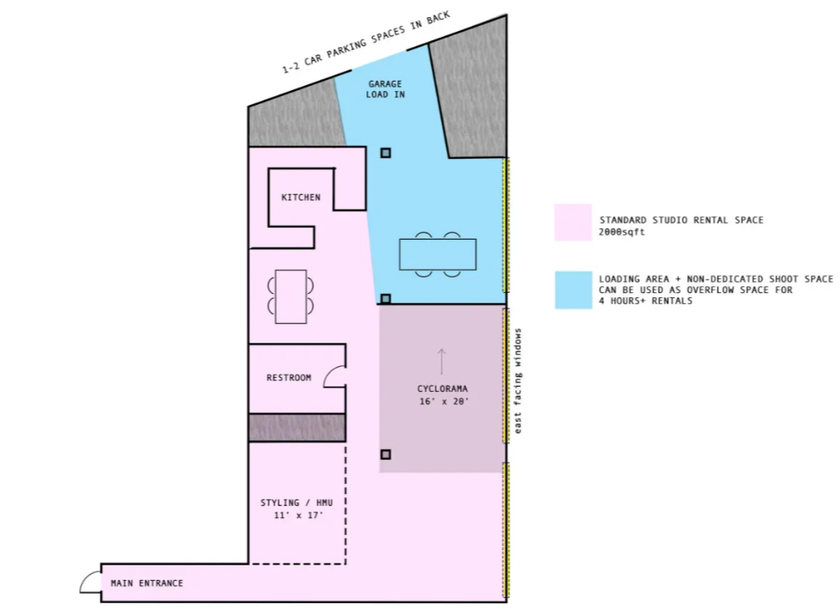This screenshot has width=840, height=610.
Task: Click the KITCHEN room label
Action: pyautogui.click(x=301, y=197)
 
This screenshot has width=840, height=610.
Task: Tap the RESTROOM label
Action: pyautogui.click(x=289, y=377)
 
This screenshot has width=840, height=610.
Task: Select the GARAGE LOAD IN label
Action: pyautogui.click(x=385, y=88)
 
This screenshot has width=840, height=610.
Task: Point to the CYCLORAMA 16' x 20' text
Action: pyautogui.click(x=443, y=394)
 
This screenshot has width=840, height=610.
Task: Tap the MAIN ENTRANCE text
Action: pyautogui.click(x=147, y=583)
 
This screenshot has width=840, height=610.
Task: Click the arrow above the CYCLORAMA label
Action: pyautogui.click(x=441, y=362)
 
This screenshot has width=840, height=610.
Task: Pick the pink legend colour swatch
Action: pyautogui.click(x=573, y=223)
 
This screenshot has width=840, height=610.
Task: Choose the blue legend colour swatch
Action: pyautogui.click(x=573, y=290)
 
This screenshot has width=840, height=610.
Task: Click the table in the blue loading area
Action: pyautogui.click(x=438, y=254)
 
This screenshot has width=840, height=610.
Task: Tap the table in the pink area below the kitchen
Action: pyautogui.click(x=291, y=296)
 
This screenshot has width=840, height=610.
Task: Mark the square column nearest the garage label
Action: pyautogui.click(x=386, y=153)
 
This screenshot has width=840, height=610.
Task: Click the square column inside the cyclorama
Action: pyautogui.click(x=386, y=454)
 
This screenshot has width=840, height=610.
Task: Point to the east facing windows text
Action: pyautogui.click(x=518, y=381)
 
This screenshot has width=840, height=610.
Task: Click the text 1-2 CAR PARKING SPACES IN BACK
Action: pyautogui.click(x=366, y=42)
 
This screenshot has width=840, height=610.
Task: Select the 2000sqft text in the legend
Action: pyautogui.click(x=622, y=233)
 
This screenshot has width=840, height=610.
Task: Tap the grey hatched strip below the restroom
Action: pyautogui.click(x=297, y=427)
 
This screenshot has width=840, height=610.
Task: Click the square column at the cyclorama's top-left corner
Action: pyautogui.click(x=386, y=299)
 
